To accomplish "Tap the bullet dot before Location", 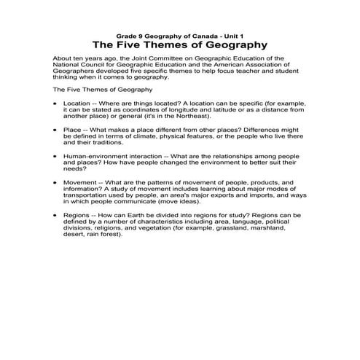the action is [x=56, y=104].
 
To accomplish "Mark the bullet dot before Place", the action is [x=56, y=130].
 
